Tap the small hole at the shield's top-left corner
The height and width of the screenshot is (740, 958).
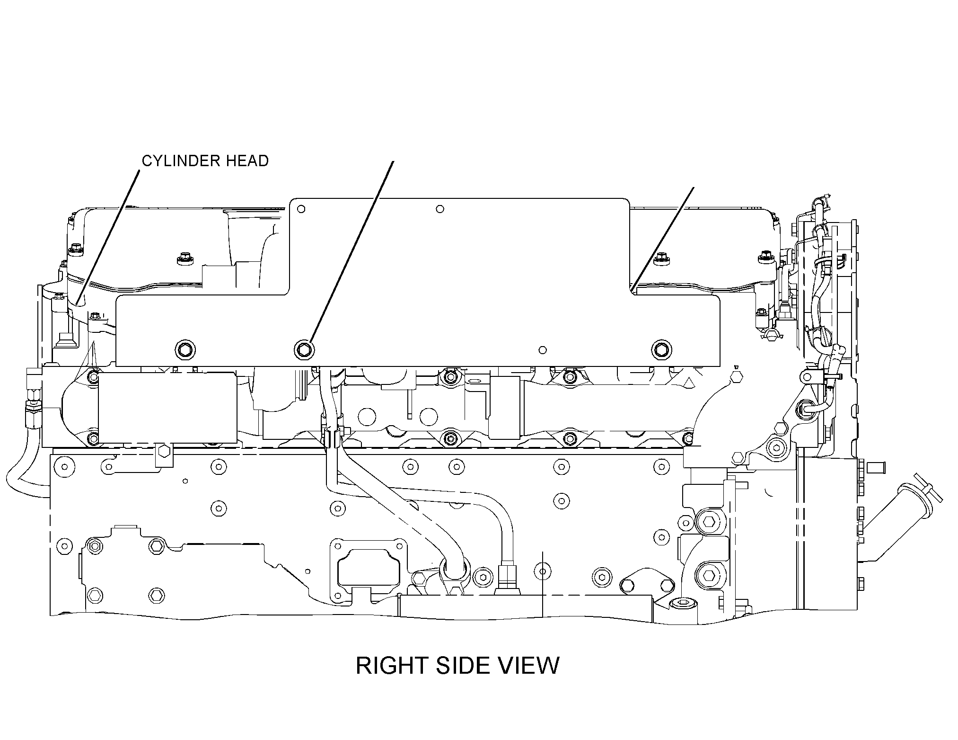[301, 209]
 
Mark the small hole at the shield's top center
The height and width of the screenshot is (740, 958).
[440, 209]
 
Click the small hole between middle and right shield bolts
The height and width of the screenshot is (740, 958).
[543, 350]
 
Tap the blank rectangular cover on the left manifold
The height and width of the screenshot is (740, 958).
[167, 408]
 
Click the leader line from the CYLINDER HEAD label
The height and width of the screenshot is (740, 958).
[107, 237]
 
